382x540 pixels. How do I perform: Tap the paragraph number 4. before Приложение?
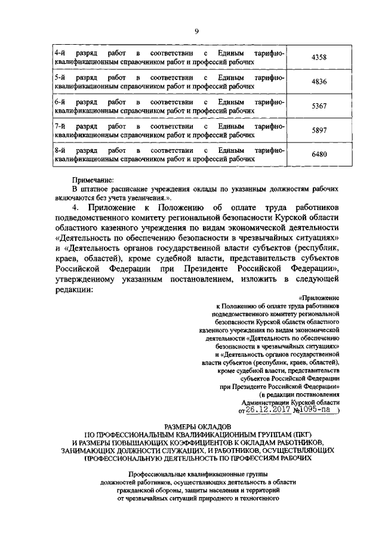tap(76, 207)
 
